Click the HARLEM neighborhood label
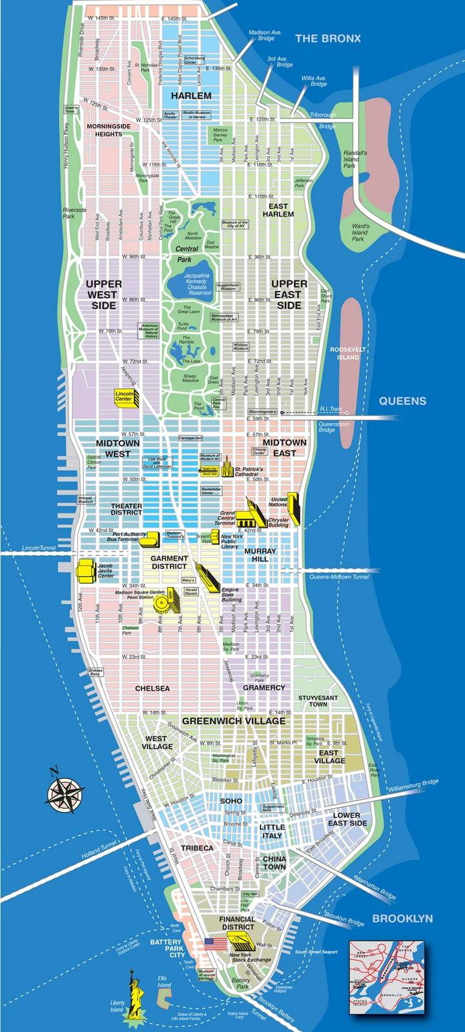click(x=191, y=95)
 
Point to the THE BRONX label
click(x=327, y=39)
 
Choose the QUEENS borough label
click(x=402, y=401)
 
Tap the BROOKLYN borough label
click(x=402, y=918)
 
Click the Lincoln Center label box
click(x=124, y=396)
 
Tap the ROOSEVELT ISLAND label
click(x=347, y=353)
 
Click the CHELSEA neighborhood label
click(x=152, y=688)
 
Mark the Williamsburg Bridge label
click(x=413, y=786)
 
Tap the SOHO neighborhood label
click(x=231, y=800)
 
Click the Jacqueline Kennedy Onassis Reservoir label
click(x=196, y=284)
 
